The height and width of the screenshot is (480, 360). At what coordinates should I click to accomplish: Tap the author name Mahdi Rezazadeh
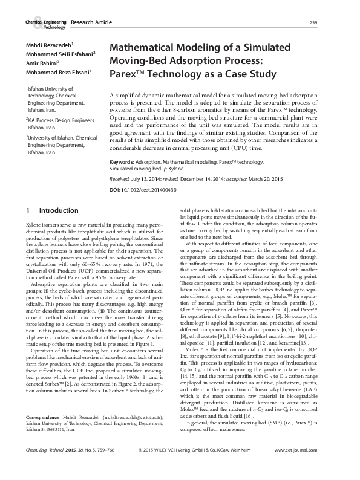tap(48, 45)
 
